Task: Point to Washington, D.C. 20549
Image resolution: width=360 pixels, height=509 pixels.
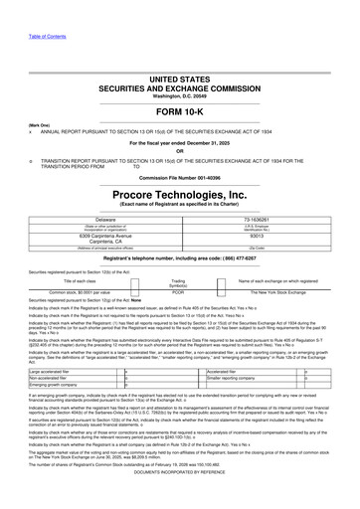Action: (x=180, y=67)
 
